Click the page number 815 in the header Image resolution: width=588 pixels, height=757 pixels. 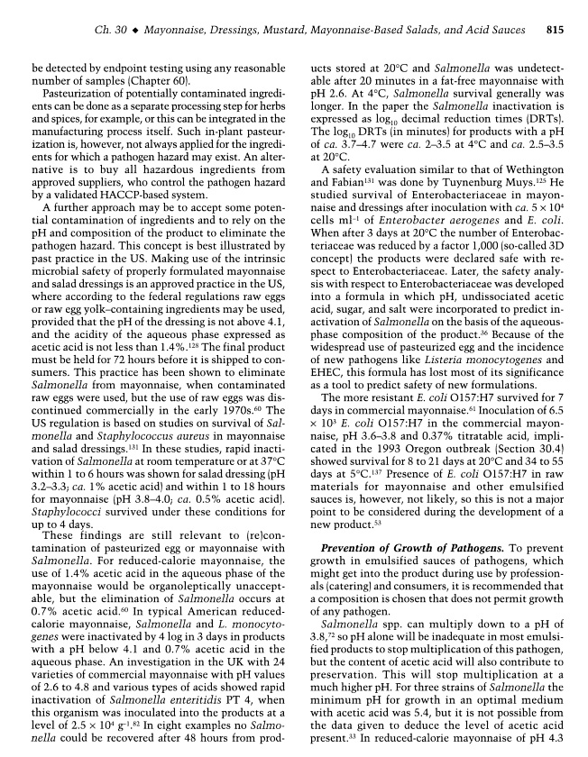click(x=555, y=31)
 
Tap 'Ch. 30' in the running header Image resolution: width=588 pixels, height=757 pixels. click(x=109, y=31)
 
